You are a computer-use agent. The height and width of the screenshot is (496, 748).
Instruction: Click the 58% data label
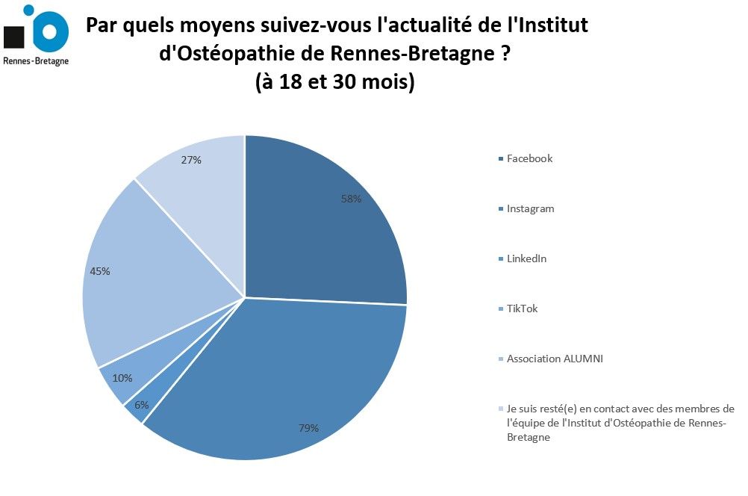click(x=351, y=199)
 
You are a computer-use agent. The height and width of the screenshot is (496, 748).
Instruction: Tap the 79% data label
click(x=308, y=428)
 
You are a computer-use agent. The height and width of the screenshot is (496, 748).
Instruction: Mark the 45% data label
click(x=100, y=271)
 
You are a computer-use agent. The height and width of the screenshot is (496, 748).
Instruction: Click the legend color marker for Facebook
click(x=500, y=159)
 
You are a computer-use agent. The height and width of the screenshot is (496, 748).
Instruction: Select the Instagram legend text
click(x=530, y=209)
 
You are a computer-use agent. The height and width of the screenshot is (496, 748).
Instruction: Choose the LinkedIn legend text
click(x=526, y=259)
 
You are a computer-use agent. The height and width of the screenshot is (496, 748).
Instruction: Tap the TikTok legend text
click(x=522, y=309)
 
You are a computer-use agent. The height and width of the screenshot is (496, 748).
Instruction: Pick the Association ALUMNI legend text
click(x=555, y=359)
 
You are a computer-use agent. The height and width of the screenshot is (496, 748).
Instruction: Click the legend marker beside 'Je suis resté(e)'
click(x=500, y=409)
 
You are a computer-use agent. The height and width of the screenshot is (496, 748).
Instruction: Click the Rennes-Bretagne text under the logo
click(x=36, y=61)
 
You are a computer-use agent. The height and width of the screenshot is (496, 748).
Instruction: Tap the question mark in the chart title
click(x=508, y=55)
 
